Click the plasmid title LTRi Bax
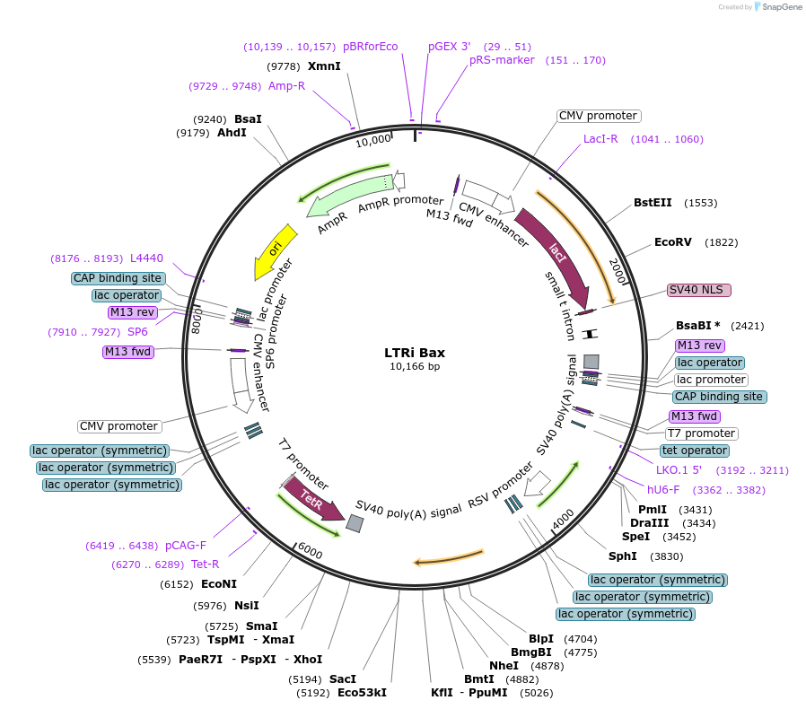pyautogui.click(x=415, y=353)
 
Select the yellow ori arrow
pyautogui.click(x=275, y=251)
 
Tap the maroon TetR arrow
pyautogui.click(x=313, y=498)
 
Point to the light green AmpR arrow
pyautogui.click(x=349, y=196)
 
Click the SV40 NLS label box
pyautogui.click(x=699, y=290)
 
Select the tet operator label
pyautogui.click(x=695, y=451)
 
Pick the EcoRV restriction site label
pyautogui.click(x=673, y=242)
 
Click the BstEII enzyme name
pyautogui.click(x=653, y=203)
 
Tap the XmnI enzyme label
pyautogui.click(x=324, y=66)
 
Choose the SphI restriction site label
pyautogui.click(x=623, y=556)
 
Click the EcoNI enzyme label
pyautogui.click(x=219, y=584)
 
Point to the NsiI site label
pyautogui.click(x=246, y=606)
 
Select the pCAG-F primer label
pyautogui.click(x=186, y=546)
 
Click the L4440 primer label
pyautogui.click(x=146, y=258)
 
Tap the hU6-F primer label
pyautogui.click(x=663, y=490)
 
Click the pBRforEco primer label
pyautogui.click(x=370, y=47)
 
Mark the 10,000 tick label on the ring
pyautogui.click(x=373, y=140)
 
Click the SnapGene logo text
pyautogui.click(x=782, y=6)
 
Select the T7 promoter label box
pyautogui.click(x=701, y=433)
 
